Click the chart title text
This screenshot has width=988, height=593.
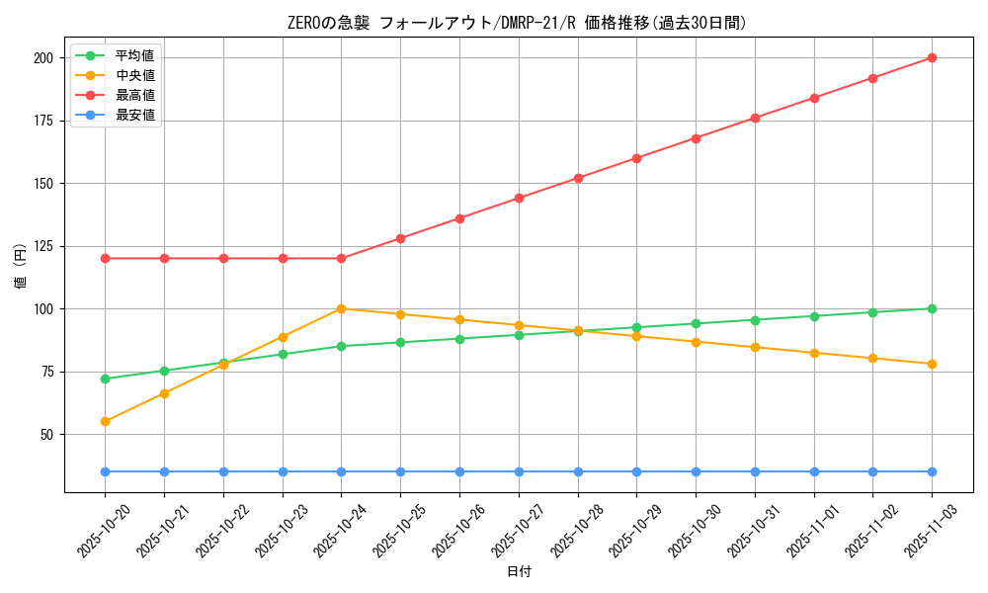[x=518, y=23]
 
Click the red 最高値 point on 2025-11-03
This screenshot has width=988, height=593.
[x=932, y=58]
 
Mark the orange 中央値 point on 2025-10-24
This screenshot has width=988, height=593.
[x=341, y=308]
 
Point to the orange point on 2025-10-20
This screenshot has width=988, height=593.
[x=105, y=421]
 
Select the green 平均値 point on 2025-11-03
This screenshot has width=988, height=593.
[x=932, y=308]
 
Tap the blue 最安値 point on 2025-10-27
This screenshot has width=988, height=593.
[x=519, y=471]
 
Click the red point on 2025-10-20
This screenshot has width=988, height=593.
[x=105, y=258]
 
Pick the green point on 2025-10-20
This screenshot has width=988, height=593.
[x=105, y=379]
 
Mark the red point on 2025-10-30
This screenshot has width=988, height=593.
[x=696, y=138]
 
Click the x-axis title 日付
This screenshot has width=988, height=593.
[x=519, y=572]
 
